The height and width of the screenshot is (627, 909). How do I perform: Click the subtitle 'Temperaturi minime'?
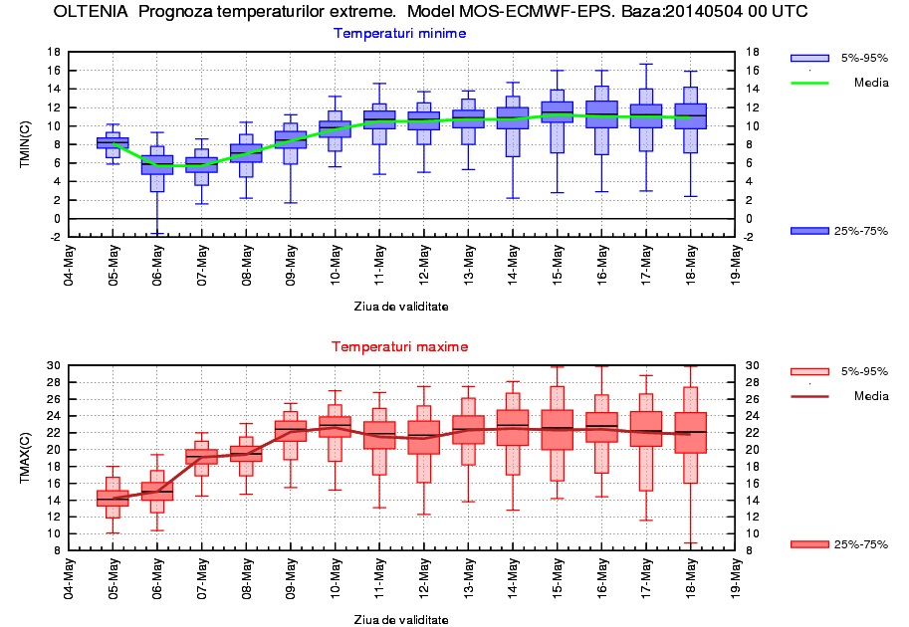pyautogui.click(x=399, y=33)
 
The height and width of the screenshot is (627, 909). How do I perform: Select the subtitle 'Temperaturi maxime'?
pyautogui.click(x=399, y=346)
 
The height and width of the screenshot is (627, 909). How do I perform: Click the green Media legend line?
pyautogui.click(x=809, y=83)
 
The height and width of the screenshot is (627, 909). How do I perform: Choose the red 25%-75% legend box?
pyautogui.click(x=809, y=543)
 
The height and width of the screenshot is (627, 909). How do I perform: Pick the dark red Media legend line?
pyautogui.click(x=809, y=396)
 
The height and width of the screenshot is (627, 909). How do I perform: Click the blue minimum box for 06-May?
pyautogui.click(x=156, y=164)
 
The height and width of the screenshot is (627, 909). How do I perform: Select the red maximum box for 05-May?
pyautogui.click(x=113, y=498)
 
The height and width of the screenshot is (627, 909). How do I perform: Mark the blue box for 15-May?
pyautogui.click(x=557, y=111)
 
